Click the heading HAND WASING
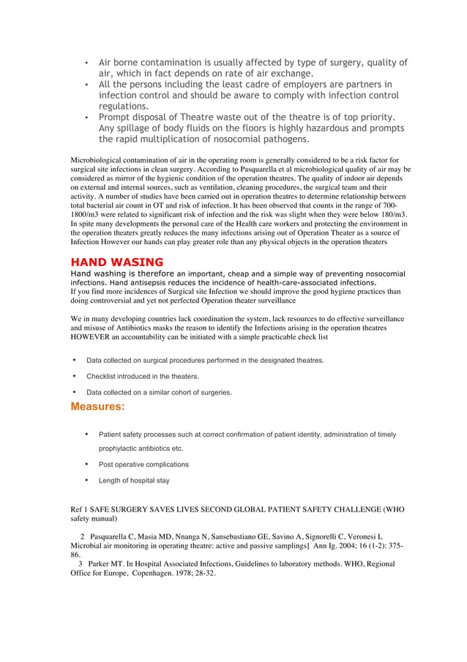(116, 262)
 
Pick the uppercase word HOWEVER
(91, 337)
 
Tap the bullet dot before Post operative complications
(87, 464)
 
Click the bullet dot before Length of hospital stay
(87, 480)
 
